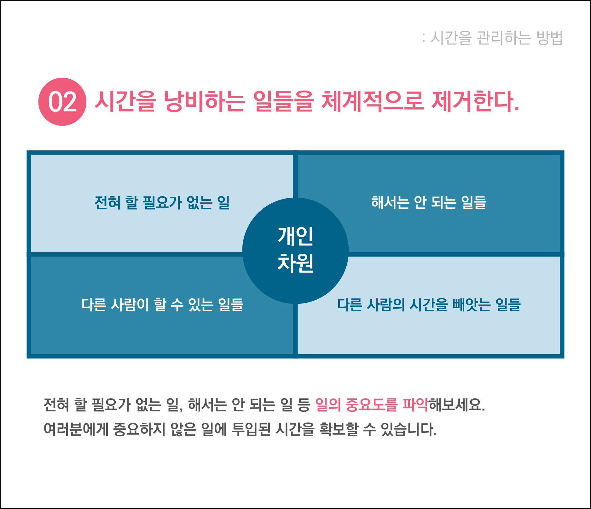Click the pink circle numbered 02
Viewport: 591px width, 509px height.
coord(62,102)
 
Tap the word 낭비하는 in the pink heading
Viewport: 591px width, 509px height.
coord(204,101)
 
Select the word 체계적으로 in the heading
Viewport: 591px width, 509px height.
coord(372,101)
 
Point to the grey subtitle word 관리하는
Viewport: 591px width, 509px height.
coord(503,38)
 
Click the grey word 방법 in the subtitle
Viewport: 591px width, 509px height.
coord(550,38)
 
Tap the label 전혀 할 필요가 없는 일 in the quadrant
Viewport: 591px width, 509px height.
coord(162,202)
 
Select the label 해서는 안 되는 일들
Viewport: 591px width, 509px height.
coord(429,202)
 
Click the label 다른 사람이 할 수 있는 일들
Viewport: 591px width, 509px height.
coord(162,304)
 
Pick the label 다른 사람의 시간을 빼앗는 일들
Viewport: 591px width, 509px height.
coord(429,304)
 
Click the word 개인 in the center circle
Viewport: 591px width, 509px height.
coord(295,236)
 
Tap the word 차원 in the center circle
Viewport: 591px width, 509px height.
coord(295,263)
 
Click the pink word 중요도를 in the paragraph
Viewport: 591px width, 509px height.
coord(371,405)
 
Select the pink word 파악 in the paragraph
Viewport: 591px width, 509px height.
coord(415,405)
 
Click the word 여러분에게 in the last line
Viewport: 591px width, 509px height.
coord(76,429)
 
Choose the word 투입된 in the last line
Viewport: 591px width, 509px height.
coord(251,429)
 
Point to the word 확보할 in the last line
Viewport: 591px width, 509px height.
coord(339,429)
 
